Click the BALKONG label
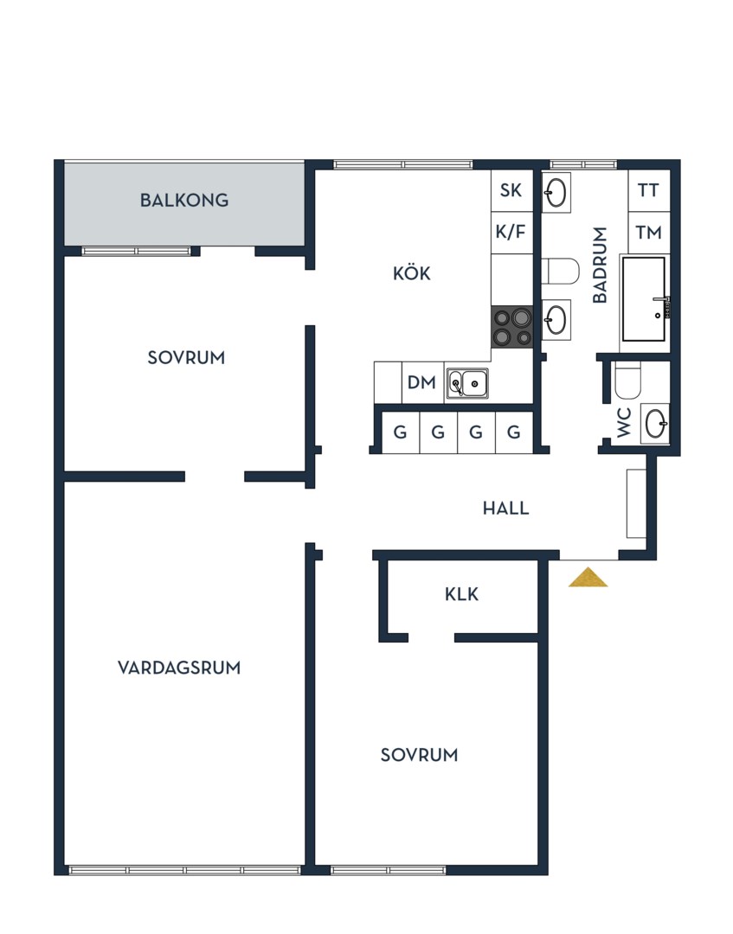pos(184,200)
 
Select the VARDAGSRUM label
pos(179,668)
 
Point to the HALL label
pos(505,509)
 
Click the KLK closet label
pos(462,594)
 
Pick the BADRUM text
pos(600,265)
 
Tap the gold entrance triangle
pos(588,577)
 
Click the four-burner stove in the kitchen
pos(512,327)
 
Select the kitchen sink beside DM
pos(468,383)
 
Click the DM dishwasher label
pos(421,382)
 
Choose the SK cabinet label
pos(511,190)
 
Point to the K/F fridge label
pos(511,232)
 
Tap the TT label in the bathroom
pos(648,190)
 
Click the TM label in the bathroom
pos(648,233)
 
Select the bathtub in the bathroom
pos(644,299)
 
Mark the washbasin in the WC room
pos(655,424)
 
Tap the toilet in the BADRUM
pos(561,272)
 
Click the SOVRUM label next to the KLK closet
pos(419,755)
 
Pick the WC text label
pos(623,422)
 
